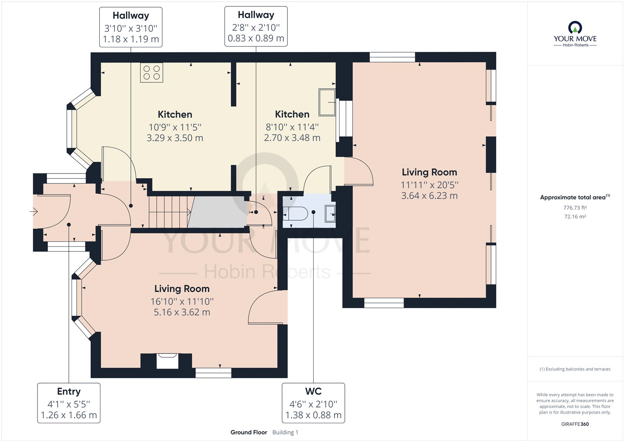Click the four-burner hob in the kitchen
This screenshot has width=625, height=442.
point(152,73)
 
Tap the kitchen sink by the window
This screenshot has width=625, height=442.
point(327,102)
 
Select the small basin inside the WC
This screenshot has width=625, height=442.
point(330,214)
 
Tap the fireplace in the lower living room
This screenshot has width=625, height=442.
point(167,360)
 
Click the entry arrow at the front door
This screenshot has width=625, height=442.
point(34,212)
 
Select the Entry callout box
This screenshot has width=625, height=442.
point(69,403)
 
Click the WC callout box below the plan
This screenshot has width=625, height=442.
point(313,403)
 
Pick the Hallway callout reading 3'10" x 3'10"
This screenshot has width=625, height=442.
point(130,27)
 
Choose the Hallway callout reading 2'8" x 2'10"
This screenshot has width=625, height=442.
point(256,27)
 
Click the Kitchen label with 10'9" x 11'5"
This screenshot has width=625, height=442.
point(175,126)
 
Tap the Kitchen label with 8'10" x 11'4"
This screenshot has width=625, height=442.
point(292,126)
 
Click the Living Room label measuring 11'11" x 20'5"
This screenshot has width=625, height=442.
point(429,184)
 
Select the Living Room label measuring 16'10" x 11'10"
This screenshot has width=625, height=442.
point(182,300)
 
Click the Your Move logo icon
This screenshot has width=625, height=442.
point(575,28)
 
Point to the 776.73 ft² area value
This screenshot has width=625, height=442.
point(575,208)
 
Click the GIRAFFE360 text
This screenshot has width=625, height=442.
point(575,424)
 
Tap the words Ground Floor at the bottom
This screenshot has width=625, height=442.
point(249,432)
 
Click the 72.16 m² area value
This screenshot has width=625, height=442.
point(575,217)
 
